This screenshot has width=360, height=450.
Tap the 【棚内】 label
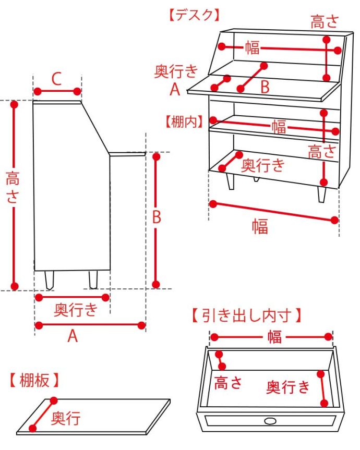coord(183,122)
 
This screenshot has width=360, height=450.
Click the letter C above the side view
coord(56,79)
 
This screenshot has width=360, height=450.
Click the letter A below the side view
coord(73,337)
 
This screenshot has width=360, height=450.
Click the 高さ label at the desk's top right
coord(325,22)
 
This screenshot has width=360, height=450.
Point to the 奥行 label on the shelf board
coord(66,418)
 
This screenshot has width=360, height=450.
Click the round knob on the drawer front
coord(270,420)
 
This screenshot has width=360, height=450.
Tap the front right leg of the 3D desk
coord(322,193)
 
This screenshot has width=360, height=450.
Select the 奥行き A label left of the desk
coord(176,79)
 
